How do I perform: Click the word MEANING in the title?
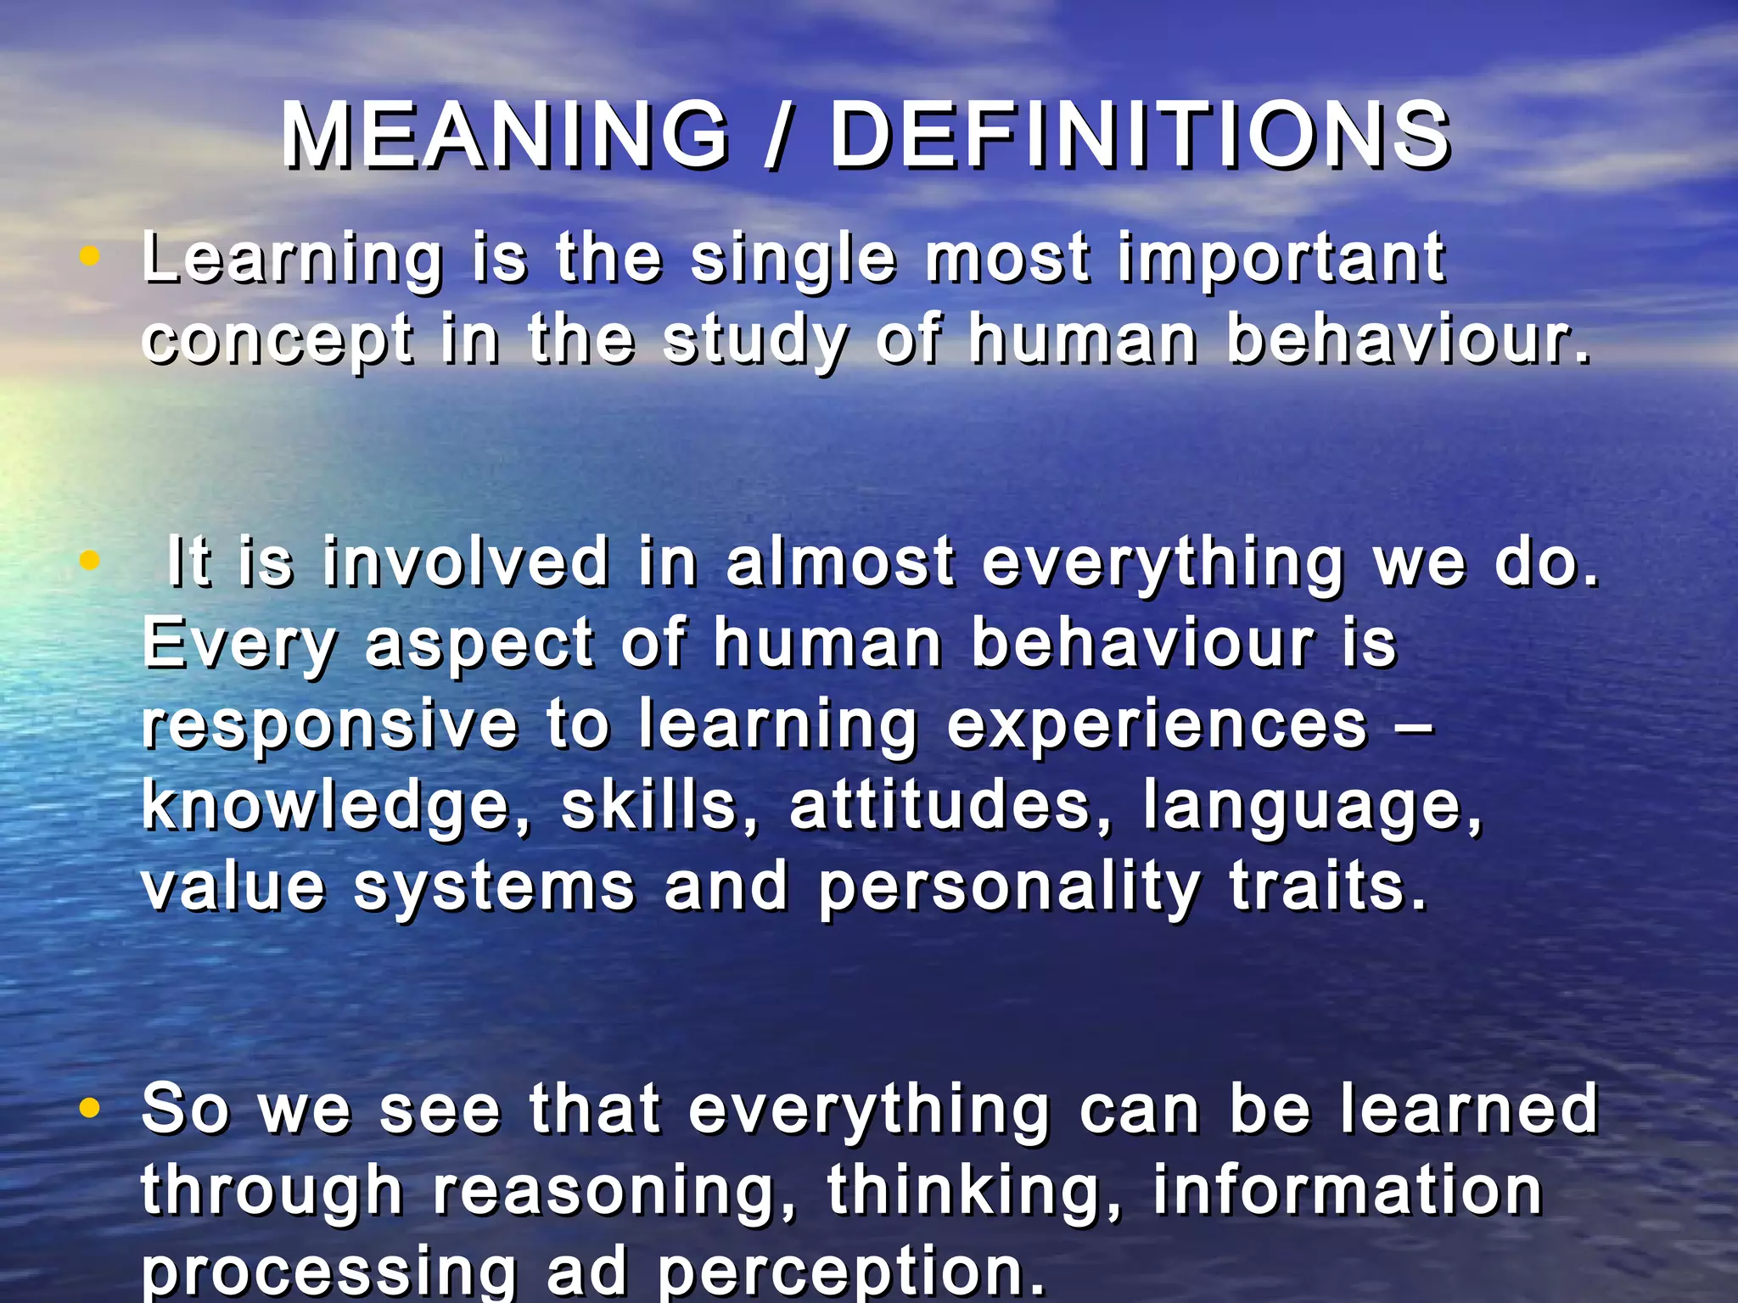505,136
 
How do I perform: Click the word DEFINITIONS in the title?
1140,136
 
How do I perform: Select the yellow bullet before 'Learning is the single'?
89,256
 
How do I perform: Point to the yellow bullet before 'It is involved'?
89,560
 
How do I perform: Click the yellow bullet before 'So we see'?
89,1107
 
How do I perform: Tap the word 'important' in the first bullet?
1281,259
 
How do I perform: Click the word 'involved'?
465,562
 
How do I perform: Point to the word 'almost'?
840,562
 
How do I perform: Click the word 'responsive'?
329,725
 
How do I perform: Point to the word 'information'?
1347,1189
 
